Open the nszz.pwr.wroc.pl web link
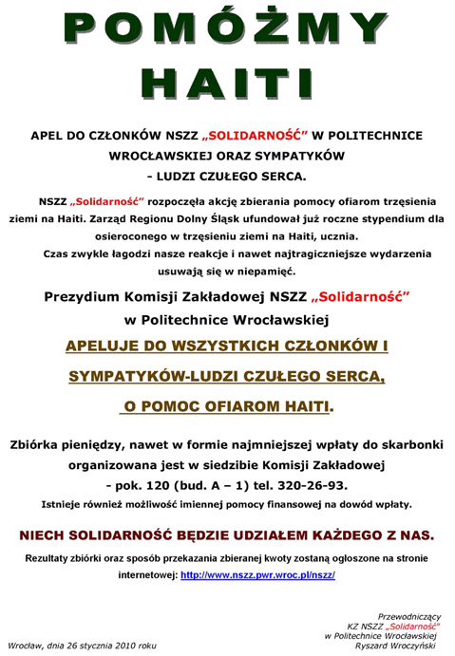tap(257, 575)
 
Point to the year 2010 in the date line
tap(123, 645)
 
